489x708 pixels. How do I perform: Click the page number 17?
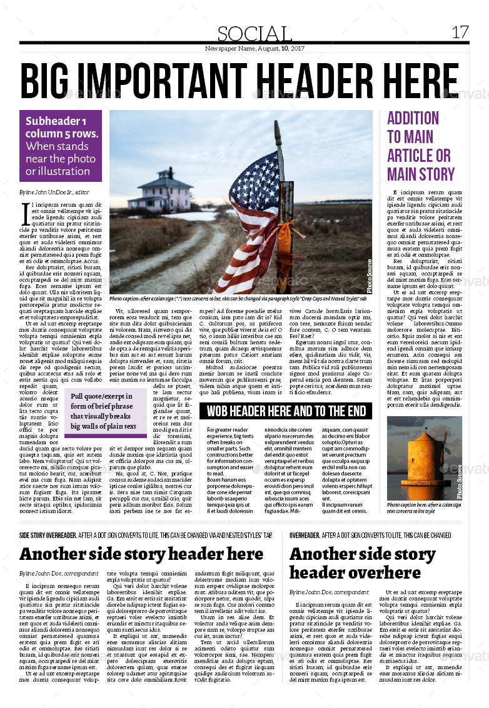click(x=460, y=32)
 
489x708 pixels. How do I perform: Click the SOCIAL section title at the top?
click(x=255, y=34)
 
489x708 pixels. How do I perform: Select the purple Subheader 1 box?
click(x=61, y=146)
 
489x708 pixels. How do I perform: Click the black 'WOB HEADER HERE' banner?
click(x=286, y=411)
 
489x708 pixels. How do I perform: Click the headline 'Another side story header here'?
click(x=141, y=554)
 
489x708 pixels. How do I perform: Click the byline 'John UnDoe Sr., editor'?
click(x=54, y=192)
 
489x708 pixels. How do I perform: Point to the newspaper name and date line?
click(x=255, y=48)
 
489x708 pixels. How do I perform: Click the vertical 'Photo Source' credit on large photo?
click(x=369, y=276)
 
